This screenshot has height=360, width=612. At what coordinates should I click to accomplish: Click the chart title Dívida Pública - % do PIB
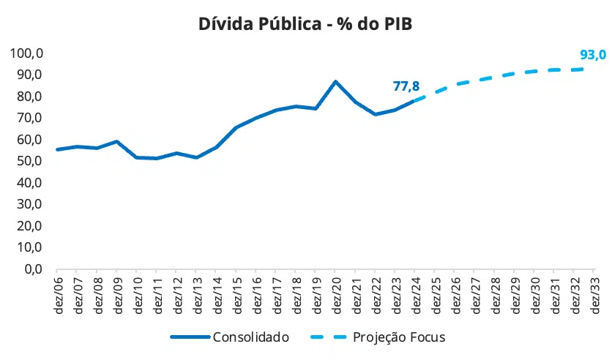point(306,23)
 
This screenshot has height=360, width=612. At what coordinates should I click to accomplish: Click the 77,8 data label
point(406,86)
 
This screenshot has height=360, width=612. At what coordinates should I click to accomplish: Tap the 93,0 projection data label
point(593,54)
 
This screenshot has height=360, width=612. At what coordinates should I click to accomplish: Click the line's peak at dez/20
point(335,81)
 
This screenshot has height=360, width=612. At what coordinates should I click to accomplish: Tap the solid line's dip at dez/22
point(375,114)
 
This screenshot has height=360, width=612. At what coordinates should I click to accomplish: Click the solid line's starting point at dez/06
point(57,149)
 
